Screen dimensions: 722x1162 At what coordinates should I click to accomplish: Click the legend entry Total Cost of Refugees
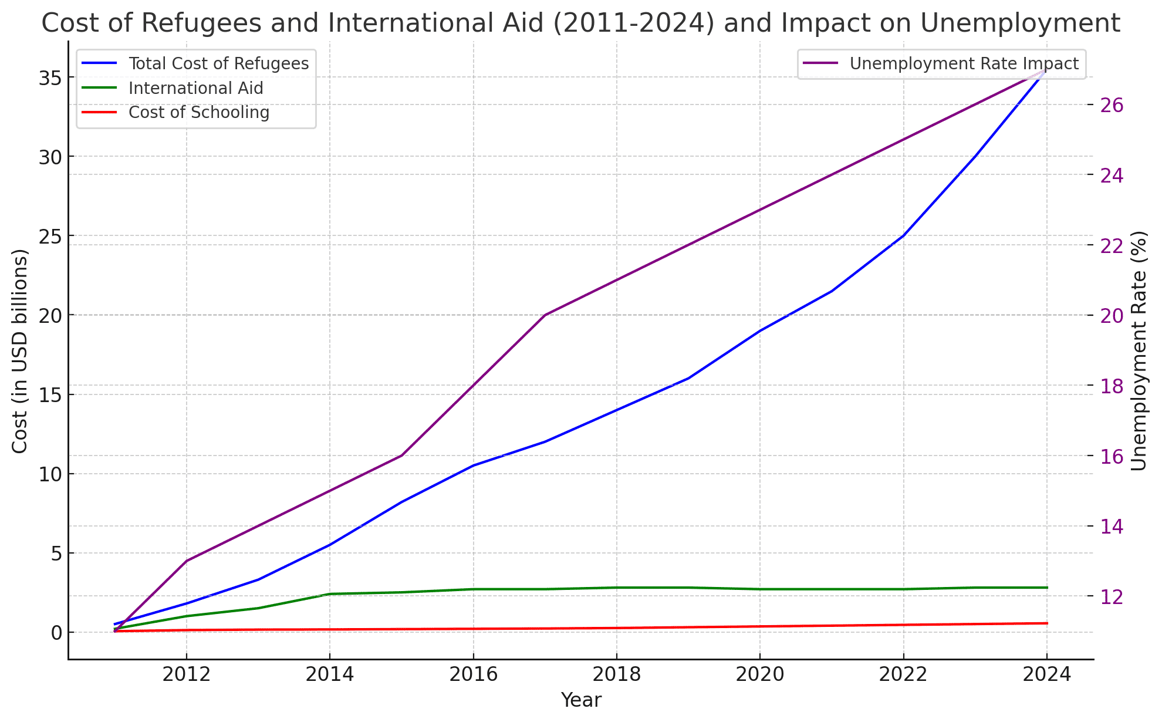218,63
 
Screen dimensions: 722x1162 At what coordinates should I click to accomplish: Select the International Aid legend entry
195,88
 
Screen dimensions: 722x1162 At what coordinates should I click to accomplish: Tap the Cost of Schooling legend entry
199,112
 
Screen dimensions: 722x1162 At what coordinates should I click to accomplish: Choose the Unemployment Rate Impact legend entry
964,63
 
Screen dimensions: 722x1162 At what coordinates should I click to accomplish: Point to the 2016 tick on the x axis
473,674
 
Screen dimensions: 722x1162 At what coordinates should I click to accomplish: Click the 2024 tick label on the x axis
1046,674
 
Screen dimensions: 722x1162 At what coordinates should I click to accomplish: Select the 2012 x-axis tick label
187,674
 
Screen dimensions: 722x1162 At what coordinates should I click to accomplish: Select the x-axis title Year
581,700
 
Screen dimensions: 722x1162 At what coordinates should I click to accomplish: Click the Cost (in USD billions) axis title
20,351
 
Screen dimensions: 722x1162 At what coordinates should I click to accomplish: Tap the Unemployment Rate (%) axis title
1139,351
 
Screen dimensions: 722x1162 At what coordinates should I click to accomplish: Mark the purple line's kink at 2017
545,315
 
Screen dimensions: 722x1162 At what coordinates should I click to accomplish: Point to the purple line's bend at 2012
187,561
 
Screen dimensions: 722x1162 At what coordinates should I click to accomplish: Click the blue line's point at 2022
903,235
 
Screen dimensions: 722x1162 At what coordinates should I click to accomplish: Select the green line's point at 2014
330,594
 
